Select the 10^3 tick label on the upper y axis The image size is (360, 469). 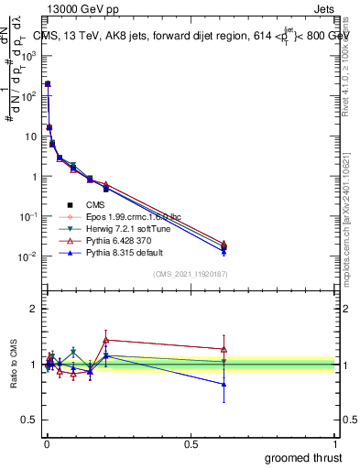pyautogui.click(x=28, y=56)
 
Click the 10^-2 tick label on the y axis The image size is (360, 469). pyautogui.click(x=28, y=257)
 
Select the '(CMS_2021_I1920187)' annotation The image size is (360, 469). pyautogui.click(x=191, y=275)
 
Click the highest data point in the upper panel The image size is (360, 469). pyautogui.click(x=48, y=83)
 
